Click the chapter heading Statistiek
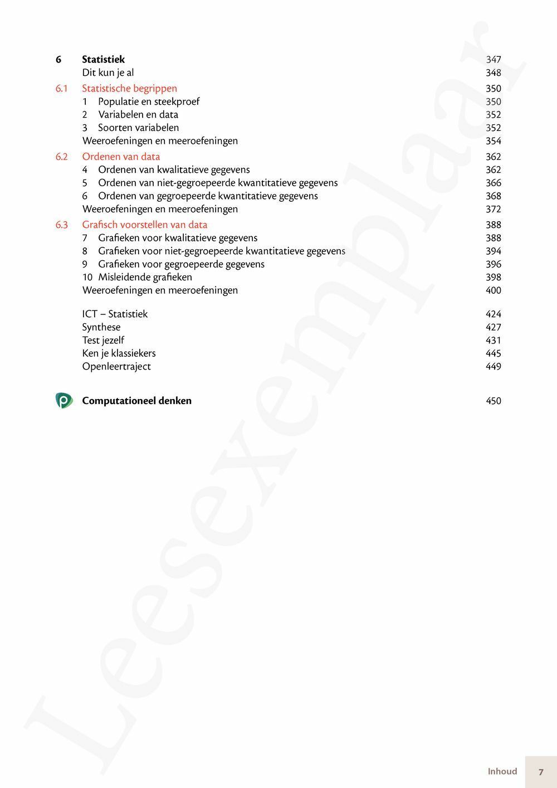pyautogui.click(x=103, y=59)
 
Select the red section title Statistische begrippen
pyautogui.click(x=129, y=88)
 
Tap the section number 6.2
pyautogui.click(x=61, y=157)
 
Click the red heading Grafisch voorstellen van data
pyautogui.click(x=144, y=225)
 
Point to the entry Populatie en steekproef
pyautogui.click(x=148, y=101)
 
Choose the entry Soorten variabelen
pyautogui.click(x=138, y=128)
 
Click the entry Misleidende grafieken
pyautogui.click(x=145, y=277)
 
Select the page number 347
pyautogui.click(x=493, y=60)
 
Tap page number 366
pyautogui.click(x=493, y=183)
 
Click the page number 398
pyautogui.click(x=493, y=277)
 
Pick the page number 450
pyautogui.click(x=493, y=401)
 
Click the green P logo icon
pyautogui.click(x=63, y=400)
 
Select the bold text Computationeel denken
pyautogui.click(x=136, y=401)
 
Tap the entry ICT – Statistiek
pyautogui.click(x=115, y=314)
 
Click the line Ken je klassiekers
pyautogui.click(x=119, y=353)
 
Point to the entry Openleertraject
pyautogui.click(x=116, y=366)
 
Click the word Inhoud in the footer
pyautogui.click(x=502, y=771)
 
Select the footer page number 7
pyautogui.click(x=540, y=772)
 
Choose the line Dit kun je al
pyautogui.click(x=108, y=72)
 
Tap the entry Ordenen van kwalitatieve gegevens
pyautogui.click(x=174, y=169)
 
